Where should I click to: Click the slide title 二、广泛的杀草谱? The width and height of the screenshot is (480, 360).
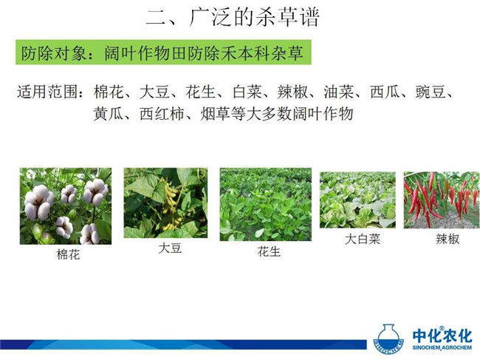pos(233,17)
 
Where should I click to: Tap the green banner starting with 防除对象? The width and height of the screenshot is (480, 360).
pos(163,52)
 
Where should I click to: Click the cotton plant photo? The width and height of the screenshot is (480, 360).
pos(66,206)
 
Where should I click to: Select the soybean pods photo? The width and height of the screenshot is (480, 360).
pos(165,203)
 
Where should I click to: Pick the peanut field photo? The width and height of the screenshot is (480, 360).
pos(266,204)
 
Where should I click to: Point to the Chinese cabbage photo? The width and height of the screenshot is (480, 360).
pos(357,200)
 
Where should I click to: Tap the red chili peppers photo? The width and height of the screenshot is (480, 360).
pos(442,200)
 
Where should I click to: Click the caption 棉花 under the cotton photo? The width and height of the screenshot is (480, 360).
pos(68,254)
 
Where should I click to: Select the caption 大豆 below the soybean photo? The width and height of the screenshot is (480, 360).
pos(170,248)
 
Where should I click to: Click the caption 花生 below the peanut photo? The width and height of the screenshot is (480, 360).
pos(269,251)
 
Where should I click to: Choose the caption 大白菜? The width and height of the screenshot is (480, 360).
pos(363,239)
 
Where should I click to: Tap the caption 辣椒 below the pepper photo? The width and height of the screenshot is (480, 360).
pos(448,239)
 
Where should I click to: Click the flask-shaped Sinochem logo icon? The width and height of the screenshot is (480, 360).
pos(388,339)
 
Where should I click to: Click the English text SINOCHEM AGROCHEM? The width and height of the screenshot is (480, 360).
pos(442,347)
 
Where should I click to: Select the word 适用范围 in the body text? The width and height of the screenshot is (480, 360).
pos(47,92)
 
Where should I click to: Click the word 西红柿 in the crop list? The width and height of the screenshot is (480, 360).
pos(162,114)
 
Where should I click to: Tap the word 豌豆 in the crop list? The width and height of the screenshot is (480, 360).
pos(430,92)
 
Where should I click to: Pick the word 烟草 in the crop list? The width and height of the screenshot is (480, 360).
pos(215,114)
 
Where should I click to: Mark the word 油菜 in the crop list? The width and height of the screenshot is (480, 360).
pos(338,92)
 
